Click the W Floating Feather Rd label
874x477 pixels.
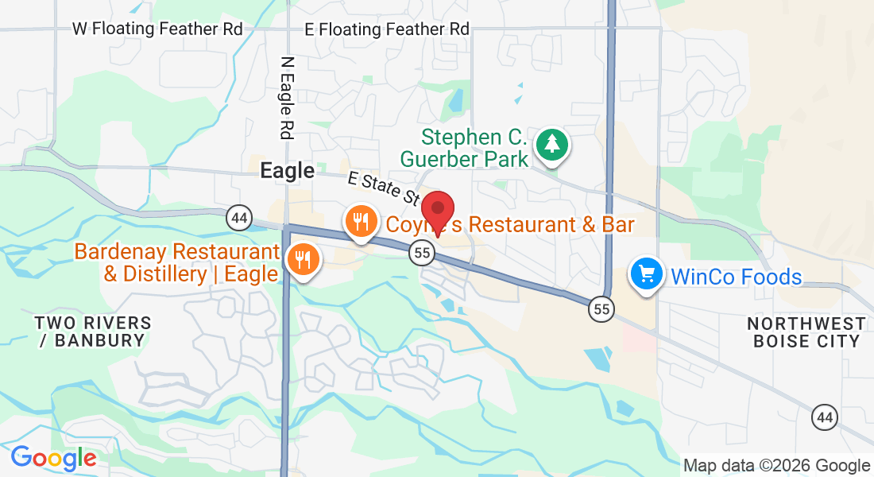pyautogui.click(x=157, y=29)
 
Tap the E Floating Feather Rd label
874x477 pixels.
pyautogui.click(x=387, y=29)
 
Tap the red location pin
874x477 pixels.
pyautogui.click(x=437, y=211)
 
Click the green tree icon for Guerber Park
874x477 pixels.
pyautogui.click(x=551, y=145)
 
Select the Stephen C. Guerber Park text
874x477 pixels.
pyautogui.click(x=465, y=148)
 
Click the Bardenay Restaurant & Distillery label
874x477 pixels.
pyautogui.click(x=176, y=263)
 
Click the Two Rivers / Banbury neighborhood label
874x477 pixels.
pyautogui.click(x=93, y=332)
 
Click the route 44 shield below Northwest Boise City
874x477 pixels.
pyautogui.click(x=825, y=416)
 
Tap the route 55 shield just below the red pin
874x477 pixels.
pyautogui.click(x=422, y=253)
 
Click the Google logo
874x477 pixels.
pyautogui.click(x=53, y=458)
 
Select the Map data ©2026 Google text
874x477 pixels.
pyautogui.click(x=776, y=466)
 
